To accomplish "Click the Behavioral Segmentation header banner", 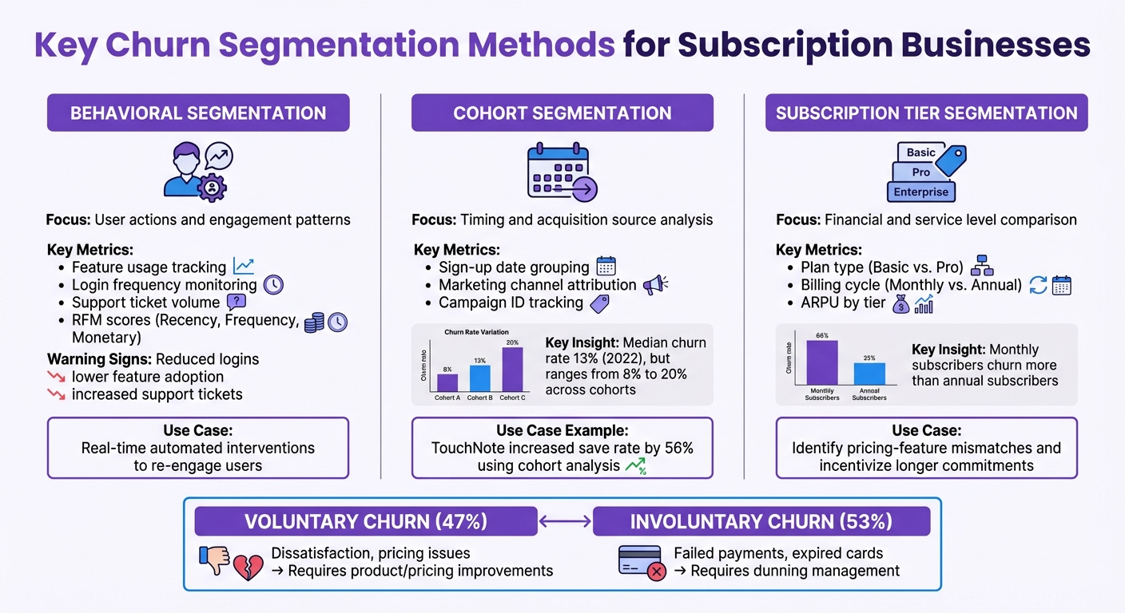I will coord(198,113).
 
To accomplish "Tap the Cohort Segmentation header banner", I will coord(562,113).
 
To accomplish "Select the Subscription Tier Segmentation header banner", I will coord(926,113).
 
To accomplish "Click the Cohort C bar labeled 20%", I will coord(512,369).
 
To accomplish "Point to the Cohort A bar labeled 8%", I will coord(448,382).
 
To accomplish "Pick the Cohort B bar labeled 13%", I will coord(480,378).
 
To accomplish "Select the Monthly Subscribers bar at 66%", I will coord(822,362).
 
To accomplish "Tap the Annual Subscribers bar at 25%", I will coord(869,374).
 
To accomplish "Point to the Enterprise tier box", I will coord(921,192).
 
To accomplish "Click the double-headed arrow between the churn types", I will coord(565,522).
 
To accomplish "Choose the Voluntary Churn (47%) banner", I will coord(366,522).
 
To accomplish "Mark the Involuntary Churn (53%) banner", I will coord(761,522).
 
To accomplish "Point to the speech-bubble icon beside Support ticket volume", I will coord(237,303).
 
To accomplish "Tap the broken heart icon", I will coord(248,568).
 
